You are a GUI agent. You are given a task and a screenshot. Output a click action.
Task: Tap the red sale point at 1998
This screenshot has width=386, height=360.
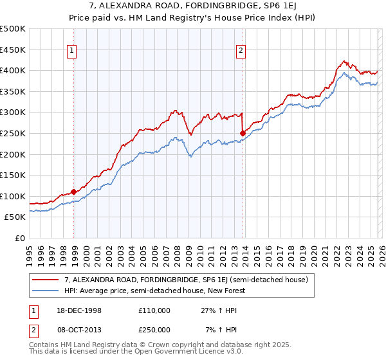(x=74, y=192)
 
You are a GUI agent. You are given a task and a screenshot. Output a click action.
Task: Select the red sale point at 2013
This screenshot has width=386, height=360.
(x=243, y=133)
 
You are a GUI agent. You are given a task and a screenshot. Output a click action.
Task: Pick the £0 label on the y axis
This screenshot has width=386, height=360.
(x=19, y=238)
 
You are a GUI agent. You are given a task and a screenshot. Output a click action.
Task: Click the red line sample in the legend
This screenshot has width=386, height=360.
(x=46, y=280)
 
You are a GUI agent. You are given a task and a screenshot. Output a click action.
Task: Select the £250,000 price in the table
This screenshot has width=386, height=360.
(x=154, y=330)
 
